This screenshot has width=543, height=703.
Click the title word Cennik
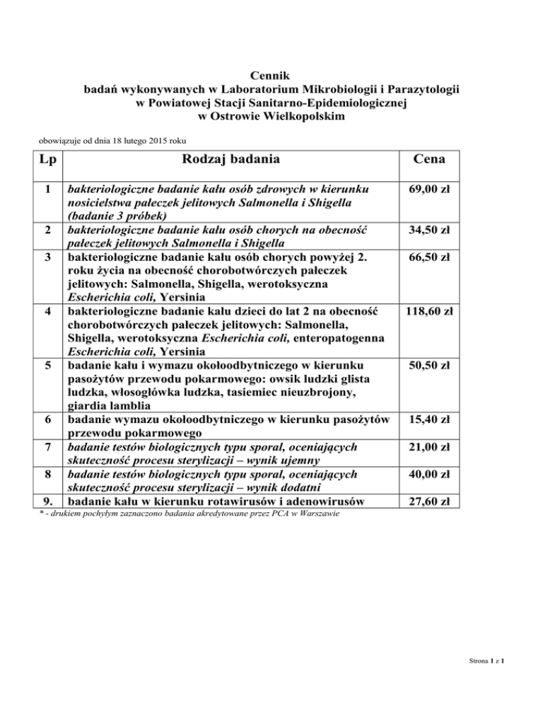coord(271,76)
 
